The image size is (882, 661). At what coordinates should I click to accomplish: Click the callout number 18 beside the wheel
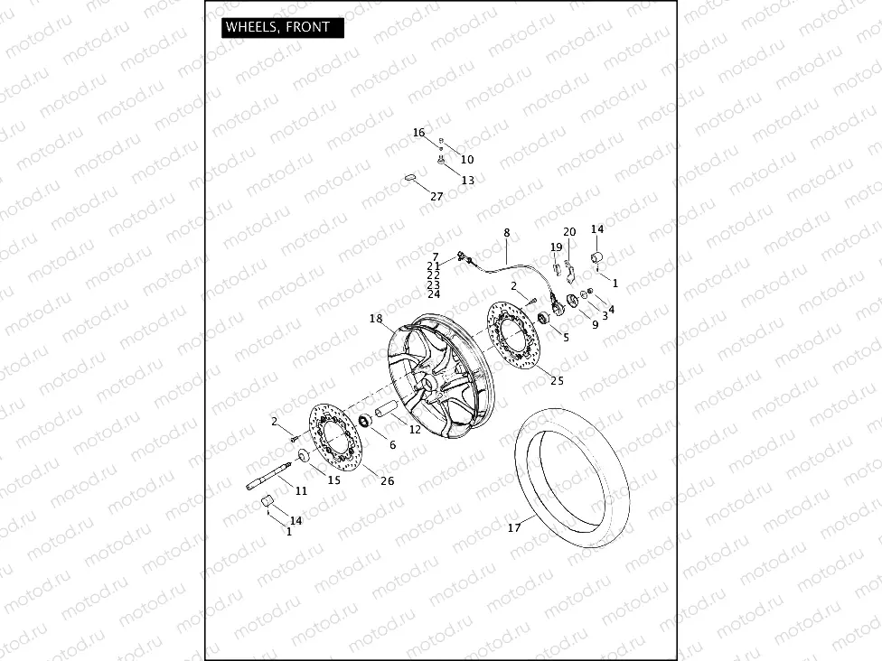[376, 318]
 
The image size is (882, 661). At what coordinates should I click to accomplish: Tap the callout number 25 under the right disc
[557, 380]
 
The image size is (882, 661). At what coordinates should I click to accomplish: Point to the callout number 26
[387, 480]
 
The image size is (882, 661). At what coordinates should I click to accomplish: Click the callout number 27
[436, 196]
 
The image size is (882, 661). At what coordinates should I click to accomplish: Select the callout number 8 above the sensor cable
[507, 232]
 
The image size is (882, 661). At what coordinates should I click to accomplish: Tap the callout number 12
[415, 430]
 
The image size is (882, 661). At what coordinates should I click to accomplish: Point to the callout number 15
[334, 479]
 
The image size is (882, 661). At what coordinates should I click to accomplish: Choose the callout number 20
[569, 232]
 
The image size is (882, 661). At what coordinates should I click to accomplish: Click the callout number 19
[556, 247]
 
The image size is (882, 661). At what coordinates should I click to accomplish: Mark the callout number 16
[418, 133]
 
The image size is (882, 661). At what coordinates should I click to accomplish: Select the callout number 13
[467, 181]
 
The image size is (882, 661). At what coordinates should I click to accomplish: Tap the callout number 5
[567, 337]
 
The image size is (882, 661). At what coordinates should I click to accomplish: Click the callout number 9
[595, 325]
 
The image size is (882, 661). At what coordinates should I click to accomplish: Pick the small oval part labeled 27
[409, 178]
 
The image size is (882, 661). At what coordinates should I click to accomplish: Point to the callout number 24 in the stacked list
[434, 294]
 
